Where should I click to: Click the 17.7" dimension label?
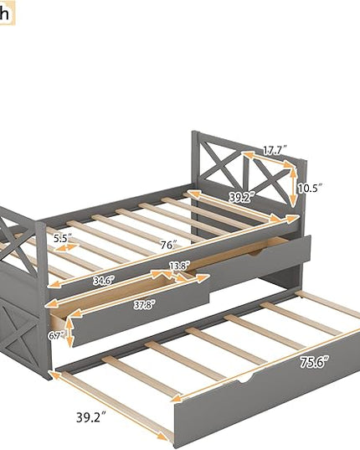275,150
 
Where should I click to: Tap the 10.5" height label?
310,189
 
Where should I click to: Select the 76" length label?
168,245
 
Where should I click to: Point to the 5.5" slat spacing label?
63,238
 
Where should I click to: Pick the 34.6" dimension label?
104,281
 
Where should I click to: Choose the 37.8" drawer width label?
145,304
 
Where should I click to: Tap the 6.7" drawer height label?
56,335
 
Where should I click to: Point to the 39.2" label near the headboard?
242,198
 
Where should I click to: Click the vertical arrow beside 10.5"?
293,187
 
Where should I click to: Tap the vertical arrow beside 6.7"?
69,332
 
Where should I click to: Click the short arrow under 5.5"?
65,248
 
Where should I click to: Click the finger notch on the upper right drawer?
256,252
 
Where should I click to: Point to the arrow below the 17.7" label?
268,159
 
